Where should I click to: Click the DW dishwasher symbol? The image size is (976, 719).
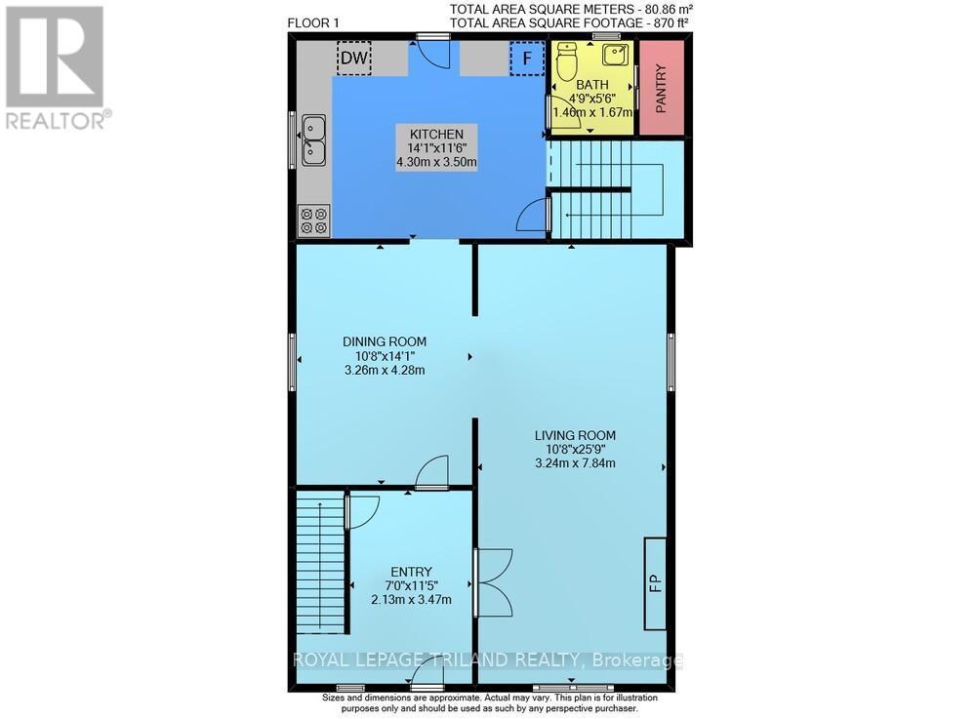tap(354, 59)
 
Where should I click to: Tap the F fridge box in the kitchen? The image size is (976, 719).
tap(527, 59)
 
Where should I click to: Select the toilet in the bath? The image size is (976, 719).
tap(567, 60)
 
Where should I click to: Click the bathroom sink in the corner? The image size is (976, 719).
tap(617, 55)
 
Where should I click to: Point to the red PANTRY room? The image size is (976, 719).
tap(662, 87)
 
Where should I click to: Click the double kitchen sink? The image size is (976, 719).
tap(313, 140)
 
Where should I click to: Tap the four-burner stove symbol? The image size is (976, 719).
tap(313, 220)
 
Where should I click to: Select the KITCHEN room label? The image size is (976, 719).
tap(436, 134)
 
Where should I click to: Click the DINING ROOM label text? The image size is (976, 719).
tap(385, 341)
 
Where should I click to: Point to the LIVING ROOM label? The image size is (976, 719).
tap(575, 435)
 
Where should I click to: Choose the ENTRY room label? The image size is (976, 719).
tap(412, 572)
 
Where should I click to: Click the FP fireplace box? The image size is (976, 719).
tap(655, 583)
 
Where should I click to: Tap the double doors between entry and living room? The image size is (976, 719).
tap(494, 582)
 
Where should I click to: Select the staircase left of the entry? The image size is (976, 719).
tap(320, 561)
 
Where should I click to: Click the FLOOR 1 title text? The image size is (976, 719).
tap(313, 23)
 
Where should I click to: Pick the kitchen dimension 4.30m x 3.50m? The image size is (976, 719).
tap(436, 163)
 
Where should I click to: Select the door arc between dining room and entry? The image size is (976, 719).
tap(432, 471)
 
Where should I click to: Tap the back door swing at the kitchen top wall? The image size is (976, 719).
tap(433, 55)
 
